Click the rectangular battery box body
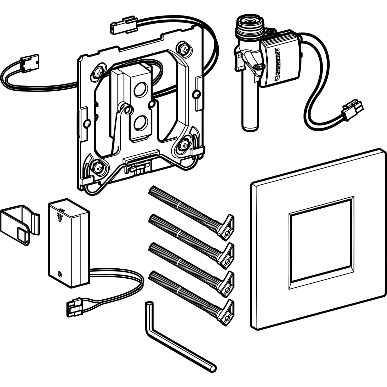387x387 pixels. coord(69,243)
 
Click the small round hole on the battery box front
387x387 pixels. coord(60,274)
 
